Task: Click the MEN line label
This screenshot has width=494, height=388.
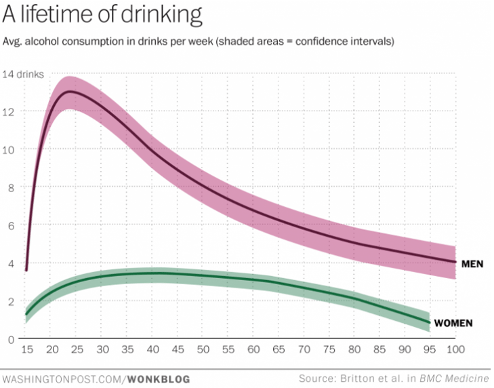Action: (472, 263)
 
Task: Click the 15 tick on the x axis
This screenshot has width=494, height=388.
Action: (26, 350)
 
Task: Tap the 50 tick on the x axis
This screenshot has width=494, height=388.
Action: (203, 350)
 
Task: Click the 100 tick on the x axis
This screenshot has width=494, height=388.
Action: (454, 350)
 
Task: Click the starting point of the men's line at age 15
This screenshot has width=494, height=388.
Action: (26, 270)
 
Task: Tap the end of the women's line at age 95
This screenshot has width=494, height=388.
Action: (430, 322)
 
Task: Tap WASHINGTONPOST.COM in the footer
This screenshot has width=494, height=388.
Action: (62, 378)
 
